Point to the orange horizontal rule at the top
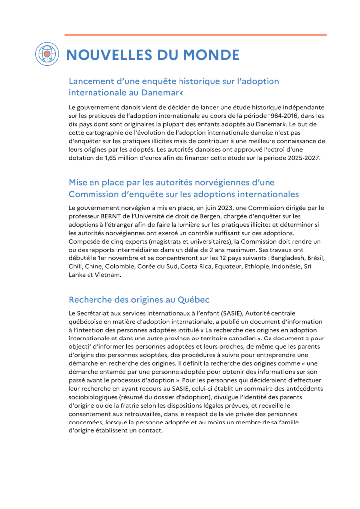(195, 35)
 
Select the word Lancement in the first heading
(91, 81)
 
